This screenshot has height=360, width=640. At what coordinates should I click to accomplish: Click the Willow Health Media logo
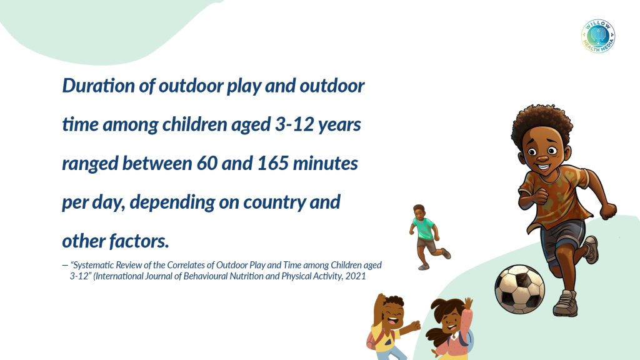tap(598, 36)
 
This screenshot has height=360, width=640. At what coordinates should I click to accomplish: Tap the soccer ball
tap(519, 289)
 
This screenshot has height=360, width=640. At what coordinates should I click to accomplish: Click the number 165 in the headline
tap(272, 163)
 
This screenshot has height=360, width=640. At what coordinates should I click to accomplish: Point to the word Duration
tap(98, 86)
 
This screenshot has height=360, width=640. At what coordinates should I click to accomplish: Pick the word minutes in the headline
tap(325, 163)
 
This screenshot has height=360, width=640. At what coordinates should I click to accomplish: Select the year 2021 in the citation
tap(356, 276)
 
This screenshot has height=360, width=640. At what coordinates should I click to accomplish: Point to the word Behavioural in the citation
tap(205, 276)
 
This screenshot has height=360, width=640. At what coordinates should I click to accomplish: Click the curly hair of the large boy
tap(541, 122)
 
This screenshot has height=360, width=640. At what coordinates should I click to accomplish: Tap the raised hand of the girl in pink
tap(468, 303)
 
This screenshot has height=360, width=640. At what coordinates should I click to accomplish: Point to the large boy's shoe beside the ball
tap(565, 303)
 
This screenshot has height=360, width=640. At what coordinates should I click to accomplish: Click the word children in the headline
tap(194, 124)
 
